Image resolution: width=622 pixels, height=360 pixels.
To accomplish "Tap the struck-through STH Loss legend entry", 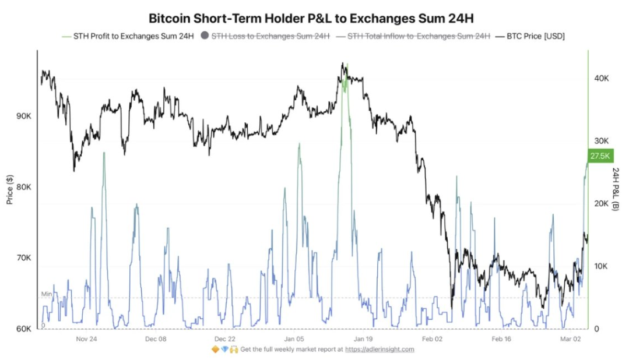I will pos(270,36).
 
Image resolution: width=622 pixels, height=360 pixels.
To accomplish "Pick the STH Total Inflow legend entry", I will pos(418,36).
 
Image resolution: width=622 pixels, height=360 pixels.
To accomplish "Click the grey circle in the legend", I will pos(205,36).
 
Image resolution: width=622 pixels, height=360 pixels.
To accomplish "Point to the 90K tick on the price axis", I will pos(24,117).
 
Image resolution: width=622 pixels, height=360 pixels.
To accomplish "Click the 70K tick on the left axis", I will pos(24,258).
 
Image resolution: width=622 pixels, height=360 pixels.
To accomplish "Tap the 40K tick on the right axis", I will pos(600,79).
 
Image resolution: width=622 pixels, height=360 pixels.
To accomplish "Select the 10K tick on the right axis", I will pos(600,266).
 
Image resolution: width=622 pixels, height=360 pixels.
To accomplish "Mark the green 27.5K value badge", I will pos(600,156).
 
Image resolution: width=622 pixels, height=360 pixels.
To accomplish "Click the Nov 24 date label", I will pos(86,338).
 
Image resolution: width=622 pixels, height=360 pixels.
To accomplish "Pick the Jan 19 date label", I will pos(363,338).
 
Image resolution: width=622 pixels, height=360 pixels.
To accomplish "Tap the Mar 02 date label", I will pos(571,338).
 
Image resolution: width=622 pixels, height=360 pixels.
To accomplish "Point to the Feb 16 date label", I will pos(501,338).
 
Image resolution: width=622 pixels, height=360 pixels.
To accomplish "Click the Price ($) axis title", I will pos(10,189).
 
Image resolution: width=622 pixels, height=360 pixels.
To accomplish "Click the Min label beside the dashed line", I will pos(46,294).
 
